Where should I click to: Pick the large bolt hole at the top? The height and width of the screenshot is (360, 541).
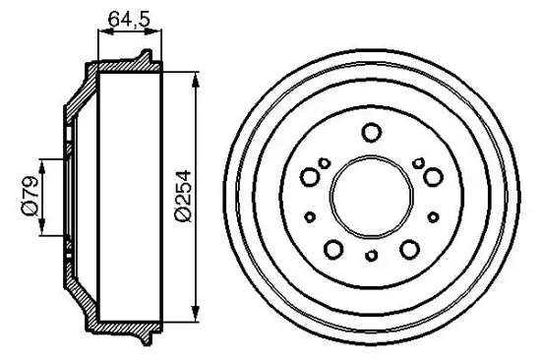(371, 132)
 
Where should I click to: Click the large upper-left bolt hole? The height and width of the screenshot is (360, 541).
(310, 177)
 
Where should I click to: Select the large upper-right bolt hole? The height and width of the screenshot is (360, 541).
(432, 177)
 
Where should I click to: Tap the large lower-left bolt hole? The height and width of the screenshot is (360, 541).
(333, 248)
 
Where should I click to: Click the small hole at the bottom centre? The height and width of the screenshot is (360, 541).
(371, 258)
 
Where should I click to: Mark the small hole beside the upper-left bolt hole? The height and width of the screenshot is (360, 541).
(324, 163)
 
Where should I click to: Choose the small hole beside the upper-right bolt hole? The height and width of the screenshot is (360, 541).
(418, 163)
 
